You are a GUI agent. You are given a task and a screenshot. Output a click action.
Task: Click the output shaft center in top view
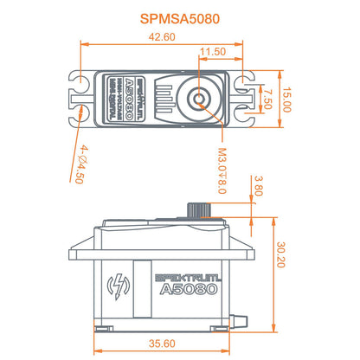coord(200,99)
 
